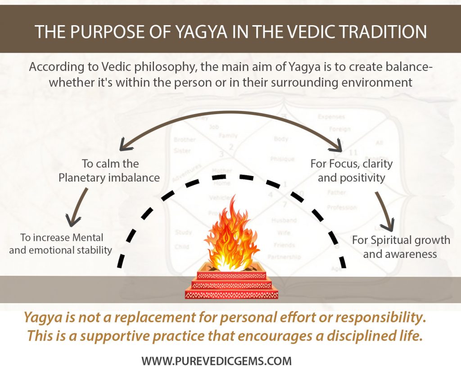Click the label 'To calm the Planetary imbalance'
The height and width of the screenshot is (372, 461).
click(x=109, y=170)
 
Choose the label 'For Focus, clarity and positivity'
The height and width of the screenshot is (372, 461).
click(x=351, y=170)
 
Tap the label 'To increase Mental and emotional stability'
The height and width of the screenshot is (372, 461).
click(x=60, y=244)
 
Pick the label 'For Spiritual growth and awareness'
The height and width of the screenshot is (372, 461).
click(x=401, y=247)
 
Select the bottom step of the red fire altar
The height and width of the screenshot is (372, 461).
click(x=232, y=295)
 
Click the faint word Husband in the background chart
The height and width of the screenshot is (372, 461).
click(x=284, y=221)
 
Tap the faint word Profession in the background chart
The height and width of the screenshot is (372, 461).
click(x=342, y=208)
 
